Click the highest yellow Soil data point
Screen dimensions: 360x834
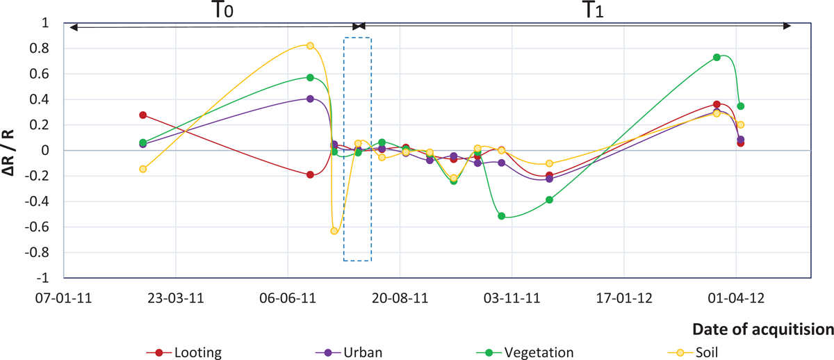310,46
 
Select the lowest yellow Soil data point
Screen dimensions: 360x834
334,231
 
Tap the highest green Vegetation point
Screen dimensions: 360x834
717,57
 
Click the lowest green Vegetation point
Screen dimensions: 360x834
501,216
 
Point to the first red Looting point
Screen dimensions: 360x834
143,115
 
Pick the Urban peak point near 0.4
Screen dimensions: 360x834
310,99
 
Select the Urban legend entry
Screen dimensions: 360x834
350,352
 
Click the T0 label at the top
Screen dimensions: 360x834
222,10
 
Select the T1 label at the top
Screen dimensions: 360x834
591,10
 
